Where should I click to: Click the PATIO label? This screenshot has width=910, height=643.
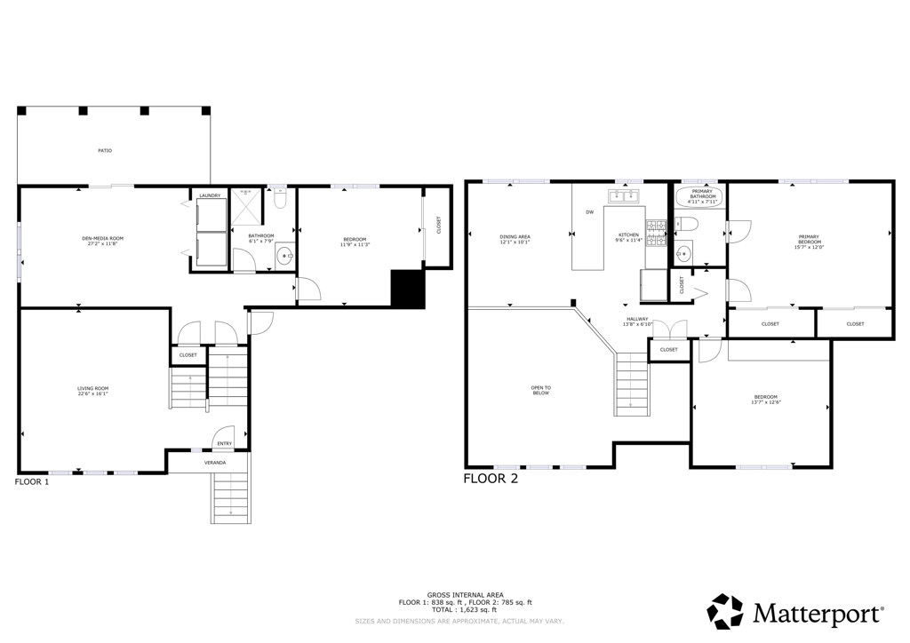coord(105,151)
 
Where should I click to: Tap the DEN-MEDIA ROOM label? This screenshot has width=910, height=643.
coord(102,238)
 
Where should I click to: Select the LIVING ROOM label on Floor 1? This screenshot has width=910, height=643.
coord(92,388)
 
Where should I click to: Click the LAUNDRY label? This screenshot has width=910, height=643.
coord(210,195)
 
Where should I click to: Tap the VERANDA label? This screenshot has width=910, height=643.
coord(215,463)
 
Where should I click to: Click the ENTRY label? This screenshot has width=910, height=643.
coord(224,443)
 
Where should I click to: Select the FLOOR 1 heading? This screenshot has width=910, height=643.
coord(32,482)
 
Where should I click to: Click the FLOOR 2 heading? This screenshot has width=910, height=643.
coord(491,479)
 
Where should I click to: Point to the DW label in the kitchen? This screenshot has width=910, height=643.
coord(589,212)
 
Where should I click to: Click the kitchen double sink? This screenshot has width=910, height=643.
coord(626,195)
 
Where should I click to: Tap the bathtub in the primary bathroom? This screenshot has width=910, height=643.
coord(700,196)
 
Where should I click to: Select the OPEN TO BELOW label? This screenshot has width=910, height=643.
coord(541,390)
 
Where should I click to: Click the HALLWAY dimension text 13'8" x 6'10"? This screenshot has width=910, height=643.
coord(637,324)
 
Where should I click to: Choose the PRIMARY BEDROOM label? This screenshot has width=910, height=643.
coord(809,240)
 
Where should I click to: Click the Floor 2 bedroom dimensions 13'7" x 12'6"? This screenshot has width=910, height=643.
coord(766,402)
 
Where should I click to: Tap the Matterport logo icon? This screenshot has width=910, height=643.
coord(724,611)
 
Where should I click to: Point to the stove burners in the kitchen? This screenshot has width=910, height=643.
coord(656,233)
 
